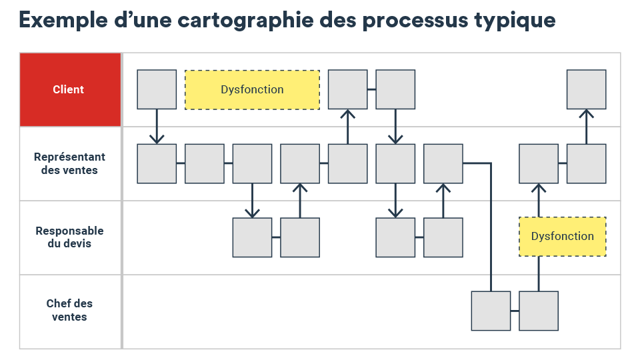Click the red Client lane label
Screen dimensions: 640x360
point(68,89)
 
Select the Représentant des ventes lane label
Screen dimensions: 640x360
point(69,163)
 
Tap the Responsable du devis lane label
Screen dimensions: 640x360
point(69,237)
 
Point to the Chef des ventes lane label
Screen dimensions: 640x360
point(69,310)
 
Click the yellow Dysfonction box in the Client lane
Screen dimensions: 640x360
point(252,90)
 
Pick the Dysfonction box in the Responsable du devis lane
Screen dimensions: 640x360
point(563,237)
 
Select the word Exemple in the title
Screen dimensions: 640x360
point(63,21)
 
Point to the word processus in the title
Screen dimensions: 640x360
point(415,21)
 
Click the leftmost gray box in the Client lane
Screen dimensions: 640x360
point(157,89)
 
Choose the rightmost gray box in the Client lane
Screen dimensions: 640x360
point(586,89)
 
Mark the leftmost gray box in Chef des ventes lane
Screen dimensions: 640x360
point(491,311)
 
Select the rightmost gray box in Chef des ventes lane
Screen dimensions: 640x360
point(539,311)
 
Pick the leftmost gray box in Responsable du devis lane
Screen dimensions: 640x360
point(252,237)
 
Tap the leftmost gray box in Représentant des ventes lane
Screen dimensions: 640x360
point(157,164)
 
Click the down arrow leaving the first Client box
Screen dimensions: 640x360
point(157,127)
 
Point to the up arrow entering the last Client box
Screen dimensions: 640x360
point(586,127)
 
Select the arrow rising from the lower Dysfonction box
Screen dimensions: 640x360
point(539,200)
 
